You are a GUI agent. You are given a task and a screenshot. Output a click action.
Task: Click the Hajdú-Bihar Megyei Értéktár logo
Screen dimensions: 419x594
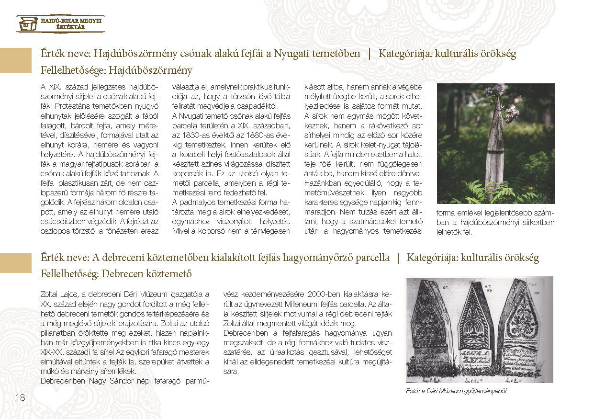(60, 23)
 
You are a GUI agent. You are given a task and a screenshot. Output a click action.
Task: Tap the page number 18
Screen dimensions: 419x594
(20, 397)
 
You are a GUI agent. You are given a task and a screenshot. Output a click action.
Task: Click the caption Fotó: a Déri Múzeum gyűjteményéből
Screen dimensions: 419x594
(455, 391)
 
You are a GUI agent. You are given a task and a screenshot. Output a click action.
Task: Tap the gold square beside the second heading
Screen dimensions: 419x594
(16, 264)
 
